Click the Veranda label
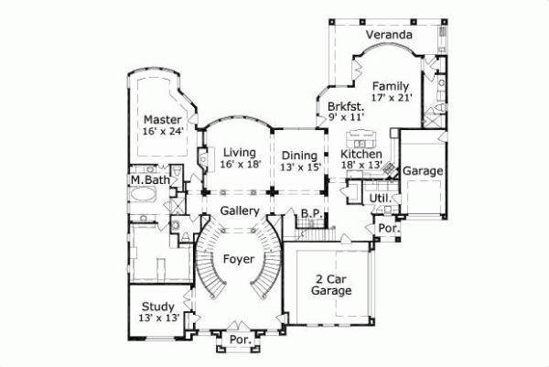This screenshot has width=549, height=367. pyautogui.click(x=389, y=36)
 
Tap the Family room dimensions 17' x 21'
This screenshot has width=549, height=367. pyautogui.click(x=392, y=97)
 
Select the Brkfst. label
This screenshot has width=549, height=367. pyautogui.click(x=345, y=106)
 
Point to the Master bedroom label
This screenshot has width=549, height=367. pyautogui.click(x=162, y=119)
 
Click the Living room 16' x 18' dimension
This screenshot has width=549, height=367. pyautogui.click(x=241, y=165)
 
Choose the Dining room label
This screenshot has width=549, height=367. pyautogui.click(x=299, y=155)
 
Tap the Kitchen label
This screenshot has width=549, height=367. pyautogui.click(x=361, y=155)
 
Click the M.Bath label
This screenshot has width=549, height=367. pyautogui.click(x=149, y=180)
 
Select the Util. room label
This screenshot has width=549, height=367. pyautogui.click(x=380, y=198)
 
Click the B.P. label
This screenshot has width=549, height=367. pyautogui.click(x=309, y=213)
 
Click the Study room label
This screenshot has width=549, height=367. pyautogui.click(x=157, y=307)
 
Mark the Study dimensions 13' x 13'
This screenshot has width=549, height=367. pyautogui.click(x=157, y=318)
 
